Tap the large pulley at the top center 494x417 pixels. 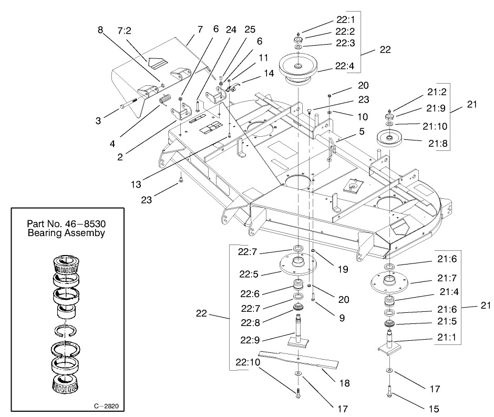(298, 67)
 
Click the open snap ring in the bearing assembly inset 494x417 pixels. (67, 331)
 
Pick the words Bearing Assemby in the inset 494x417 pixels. (67, 232)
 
